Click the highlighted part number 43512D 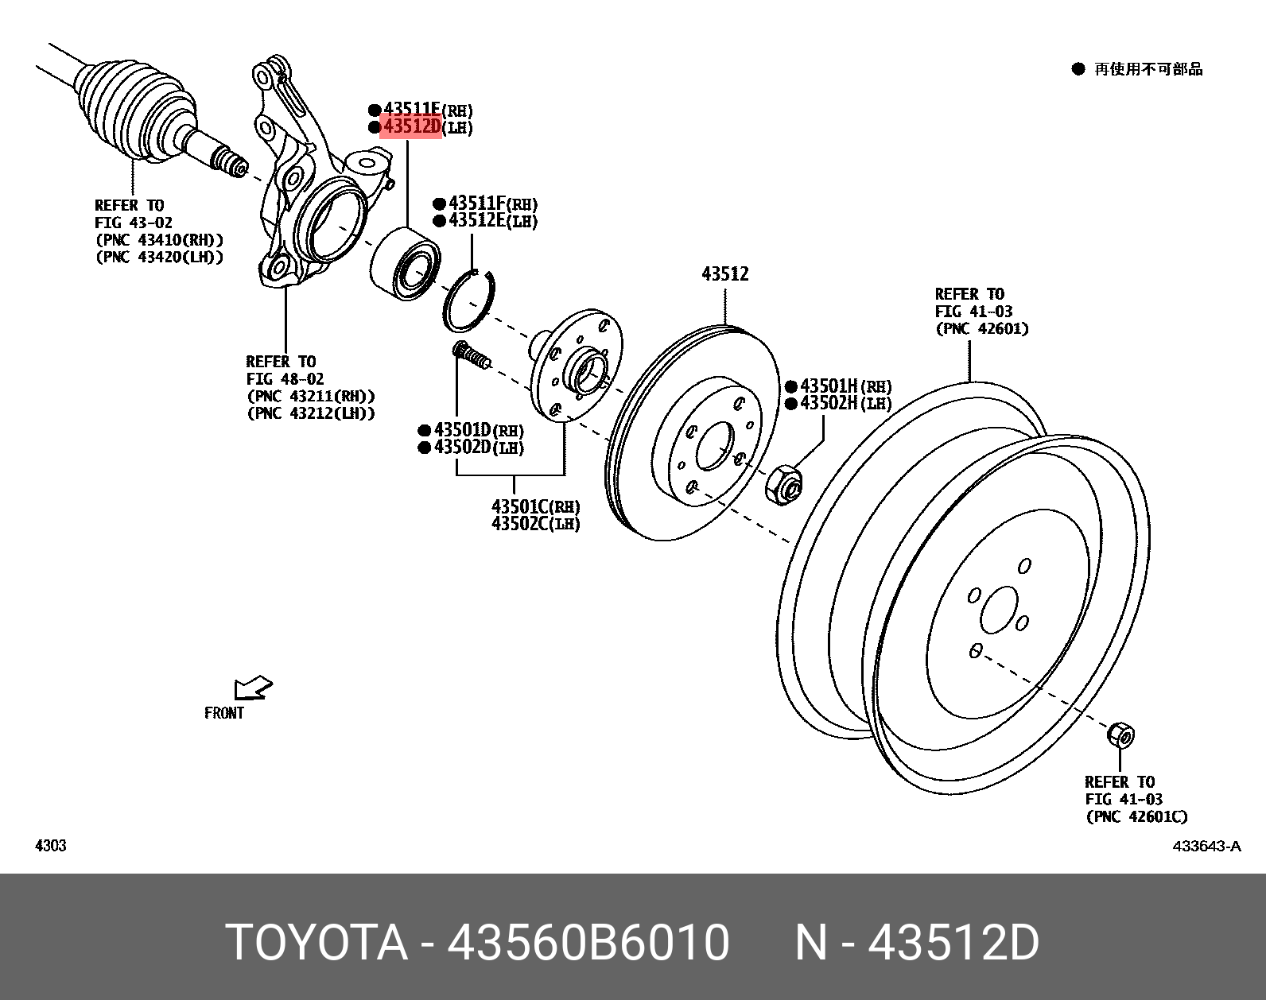pyautogui.click(x=411, y=126)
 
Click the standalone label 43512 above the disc pyautogui.click(x=724, y=274)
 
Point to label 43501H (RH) pyautogui.click(x=845, y=386)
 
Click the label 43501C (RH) pyautogui.click(x=534, y=506)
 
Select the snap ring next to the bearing pyautogui.click(x=469, y=301)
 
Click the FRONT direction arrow pyautogui.click(x=253, y=688)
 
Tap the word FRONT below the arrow pyautogui.click(x=224, y=713)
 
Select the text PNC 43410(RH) pyautogui.click(x=159, y=240)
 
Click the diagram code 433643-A pyautogui.click(x=1206, y=846)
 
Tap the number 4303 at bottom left pyautogui.click(x=50, y=846)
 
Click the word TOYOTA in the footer pyautogui.click(x=316, y=943)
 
